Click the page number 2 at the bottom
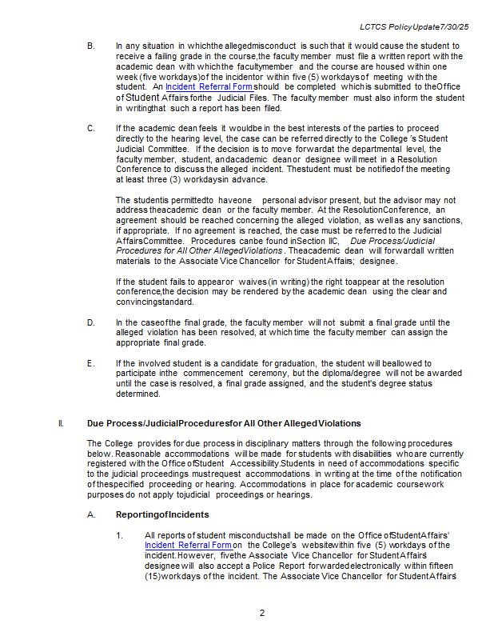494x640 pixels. (261, 613)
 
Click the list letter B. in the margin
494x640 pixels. (90, 46)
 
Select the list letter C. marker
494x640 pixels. (90, 128)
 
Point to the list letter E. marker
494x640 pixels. (90, 363)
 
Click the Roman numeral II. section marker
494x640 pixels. (62, 423)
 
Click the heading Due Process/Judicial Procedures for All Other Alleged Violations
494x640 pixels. (223, 423)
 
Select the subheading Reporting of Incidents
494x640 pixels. (162, 514)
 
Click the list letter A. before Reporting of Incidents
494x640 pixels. (90, 514)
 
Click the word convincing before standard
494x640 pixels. (140, 302)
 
